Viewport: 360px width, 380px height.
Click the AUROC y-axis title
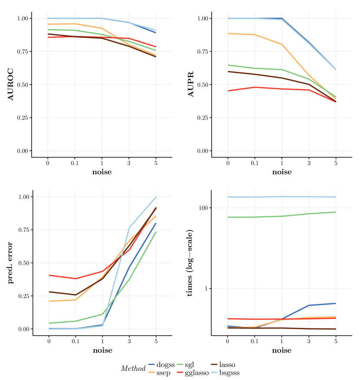click(11, 84)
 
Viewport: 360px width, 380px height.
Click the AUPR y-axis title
click(190, 84)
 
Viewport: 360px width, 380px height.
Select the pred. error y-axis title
click(11, 263)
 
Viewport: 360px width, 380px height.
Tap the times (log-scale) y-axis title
click(190, 263)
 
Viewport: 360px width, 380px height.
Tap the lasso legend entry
click(227, 365)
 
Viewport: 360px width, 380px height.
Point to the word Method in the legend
click(133, 369)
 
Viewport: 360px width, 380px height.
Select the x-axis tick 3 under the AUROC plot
click(129, 163)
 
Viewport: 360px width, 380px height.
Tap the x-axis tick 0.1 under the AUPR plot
click(255, 163)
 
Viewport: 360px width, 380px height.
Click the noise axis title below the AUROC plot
click(102, 172)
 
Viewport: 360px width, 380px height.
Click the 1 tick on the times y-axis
click(207, 289)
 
